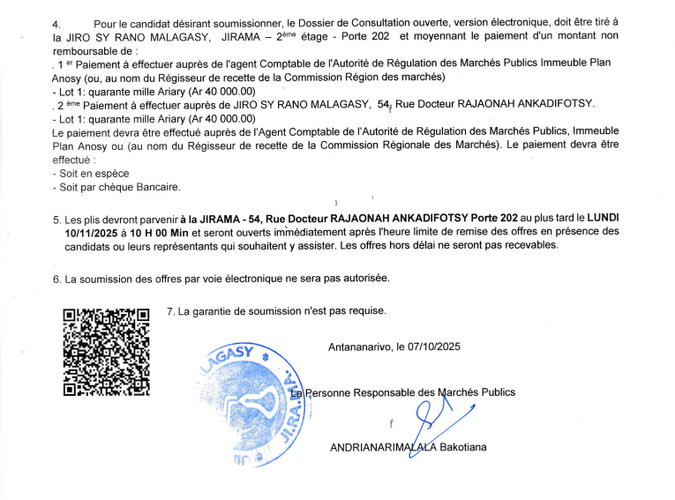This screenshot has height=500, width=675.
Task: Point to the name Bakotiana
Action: coord(463,447)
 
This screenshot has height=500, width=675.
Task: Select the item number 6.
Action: coord(56,279)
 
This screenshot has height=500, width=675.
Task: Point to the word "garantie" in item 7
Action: coord(213,310)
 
